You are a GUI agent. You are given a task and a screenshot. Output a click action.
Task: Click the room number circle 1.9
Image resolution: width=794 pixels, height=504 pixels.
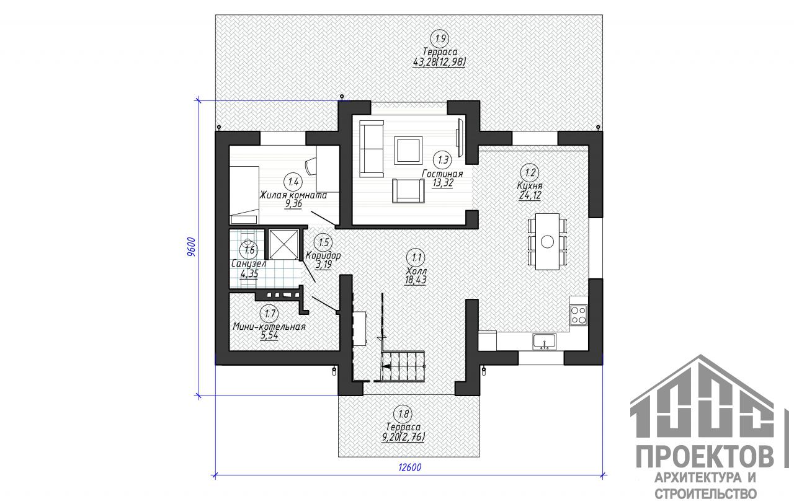(440, 38)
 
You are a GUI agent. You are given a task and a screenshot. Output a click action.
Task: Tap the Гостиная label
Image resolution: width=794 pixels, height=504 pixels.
(442, 174)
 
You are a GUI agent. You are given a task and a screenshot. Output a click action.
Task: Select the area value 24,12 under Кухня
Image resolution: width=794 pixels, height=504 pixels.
(530, 195)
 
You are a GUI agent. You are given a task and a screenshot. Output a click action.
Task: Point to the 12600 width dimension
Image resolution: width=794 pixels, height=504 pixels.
(410, 467)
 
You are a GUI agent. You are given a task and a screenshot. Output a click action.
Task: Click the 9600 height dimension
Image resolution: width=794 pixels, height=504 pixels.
(191, 246)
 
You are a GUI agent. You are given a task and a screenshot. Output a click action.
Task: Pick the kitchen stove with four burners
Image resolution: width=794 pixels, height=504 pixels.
(579, 315)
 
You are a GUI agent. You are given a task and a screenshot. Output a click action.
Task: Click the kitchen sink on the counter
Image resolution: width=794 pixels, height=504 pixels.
(544, 342)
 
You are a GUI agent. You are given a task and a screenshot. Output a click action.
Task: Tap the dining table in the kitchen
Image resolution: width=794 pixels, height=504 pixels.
(547, 242)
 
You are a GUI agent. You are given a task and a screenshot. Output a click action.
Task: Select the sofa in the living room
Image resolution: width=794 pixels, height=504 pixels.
(372, 149)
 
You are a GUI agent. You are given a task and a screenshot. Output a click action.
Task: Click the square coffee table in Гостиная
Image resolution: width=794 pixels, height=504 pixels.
(408, 150)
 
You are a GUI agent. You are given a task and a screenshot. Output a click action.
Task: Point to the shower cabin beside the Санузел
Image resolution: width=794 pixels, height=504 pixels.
(283, 244)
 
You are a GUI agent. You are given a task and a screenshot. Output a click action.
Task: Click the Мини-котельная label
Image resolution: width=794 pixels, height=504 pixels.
(269, 327)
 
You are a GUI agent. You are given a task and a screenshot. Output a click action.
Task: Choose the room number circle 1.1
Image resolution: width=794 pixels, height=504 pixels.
(416, 257)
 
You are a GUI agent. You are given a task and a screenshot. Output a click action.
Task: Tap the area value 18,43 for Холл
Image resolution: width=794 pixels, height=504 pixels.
(416, 280)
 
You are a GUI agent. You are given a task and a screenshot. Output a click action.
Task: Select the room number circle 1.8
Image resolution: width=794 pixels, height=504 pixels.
(403, 413)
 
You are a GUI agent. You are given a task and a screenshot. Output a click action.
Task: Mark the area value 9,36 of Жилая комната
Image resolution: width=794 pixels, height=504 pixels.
(293, 204)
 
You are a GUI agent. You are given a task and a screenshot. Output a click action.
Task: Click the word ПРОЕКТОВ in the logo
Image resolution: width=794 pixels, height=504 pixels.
(705, 457)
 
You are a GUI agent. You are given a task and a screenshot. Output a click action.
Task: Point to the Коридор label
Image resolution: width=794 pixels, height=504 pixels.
(323, 255)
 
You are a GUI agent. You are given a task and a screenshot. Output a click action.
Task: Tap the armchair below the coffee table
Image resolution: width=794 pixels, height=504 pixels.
(408, 190)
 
